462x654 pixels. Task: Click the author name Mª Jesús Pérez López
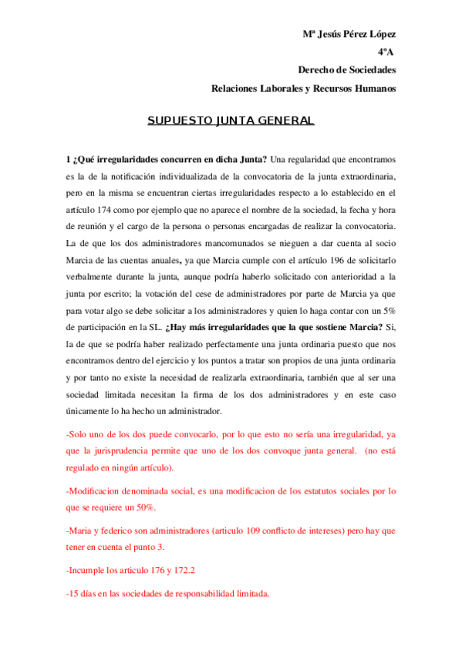tap(349, 35)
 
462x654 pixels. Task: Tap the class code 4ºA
tap(386, 52)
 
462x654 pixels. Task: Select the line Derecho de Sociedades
tap(347, 70)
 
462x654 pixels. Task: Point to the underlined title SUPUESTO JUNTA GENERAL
tap(231, 121)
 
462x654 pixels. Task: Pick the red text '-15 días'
tap(85, 595)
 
